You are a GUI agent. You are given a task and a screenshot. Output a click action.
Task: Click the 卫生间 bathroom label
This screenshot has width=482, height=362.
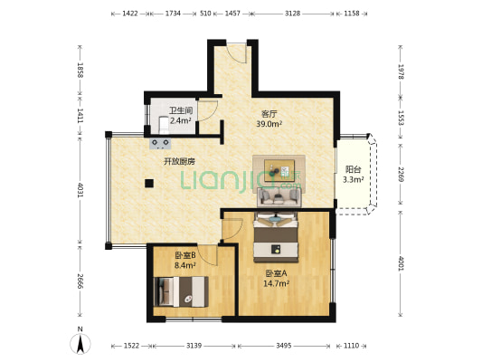pyautogui.click(x=181, y=110)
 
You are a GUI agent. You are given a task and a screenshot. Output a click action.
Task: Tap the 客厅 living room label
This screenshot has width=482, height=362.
pyautogui.click(x=269, y=114)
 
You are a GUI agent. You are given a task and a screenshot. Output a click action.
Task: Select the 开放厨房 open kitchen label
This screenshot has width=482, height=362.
pyautogui.click(x=179, y=161)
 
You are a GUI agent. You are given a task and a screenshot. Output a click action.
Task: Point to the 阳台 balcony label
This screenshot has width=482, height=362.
pyautogui.click(x=354, y=169)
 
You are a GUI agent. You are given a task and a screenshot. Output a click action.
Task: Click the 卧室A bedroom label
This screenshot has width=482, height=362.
pyautogui.click(x=276, y=273)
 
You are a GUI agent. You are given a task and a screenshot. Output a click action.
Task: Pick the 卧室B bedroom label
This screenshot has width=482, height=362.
pyautogui.click(x=185, y=255)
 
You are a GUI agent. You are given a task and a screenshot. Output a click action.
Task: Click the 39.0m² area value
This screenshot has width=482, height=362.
pyautogui.click(x=269, y=124)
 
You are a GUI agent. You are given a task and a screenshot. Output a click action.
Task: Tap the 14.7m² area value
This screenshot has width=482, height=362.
pyautogui.click(x=276, y=283)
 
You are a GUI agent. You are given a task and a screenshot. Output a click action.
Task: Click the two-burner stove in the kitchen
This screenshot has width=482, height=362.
pyautogui.click(x=160, y=144)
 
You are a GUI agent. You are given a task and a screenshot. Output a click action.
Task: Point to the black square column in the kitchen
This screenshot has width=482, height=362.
pyautogui.click(x=149, y=184)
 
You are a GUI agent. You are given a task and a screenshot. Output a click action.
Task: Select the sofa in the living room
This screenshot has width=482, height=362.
pyautogui.click(x=279, y=197)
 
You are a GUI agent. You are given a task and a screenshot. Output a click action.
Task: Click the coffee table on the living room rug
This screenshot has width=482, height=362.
pyautogui.click(x=279, y=170)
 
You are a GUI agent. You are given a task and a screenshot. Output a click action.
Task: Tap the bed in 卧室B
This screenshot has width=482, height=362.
pyautogui.click(x=181, y=291)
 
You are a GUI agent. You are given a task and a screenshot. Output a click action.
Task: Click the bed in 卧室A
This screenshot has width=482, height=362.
pyautogui.click(x=276, y=238)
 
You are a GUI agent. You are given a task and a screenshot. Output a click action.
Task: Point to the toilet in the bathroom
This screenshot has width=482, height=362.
pyautogui.click(x=164, y=125)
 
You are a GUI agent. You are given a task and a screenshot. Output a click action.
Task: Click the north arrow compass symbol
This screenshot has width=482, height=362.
pyautogui.click(x=80, y=341)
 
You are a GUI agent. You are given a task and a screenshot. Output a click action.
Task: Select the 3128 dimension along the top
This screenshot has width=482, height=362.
pyautogui.click(x=293, y=14)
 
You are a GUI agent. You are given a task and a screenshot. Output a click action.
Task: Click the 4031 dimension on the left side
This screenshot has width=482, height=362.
pyautogui.click(x=80, y=190)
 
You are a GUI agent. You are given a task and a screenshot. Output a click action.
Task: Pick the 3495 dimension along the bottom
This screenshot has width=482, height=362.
pyautogui.click(x=284, y=346)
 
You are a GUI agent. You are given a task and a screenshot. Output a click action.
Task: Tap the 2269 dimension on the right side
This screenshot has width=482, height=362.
pyautogui.click(x=401, y=174)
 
